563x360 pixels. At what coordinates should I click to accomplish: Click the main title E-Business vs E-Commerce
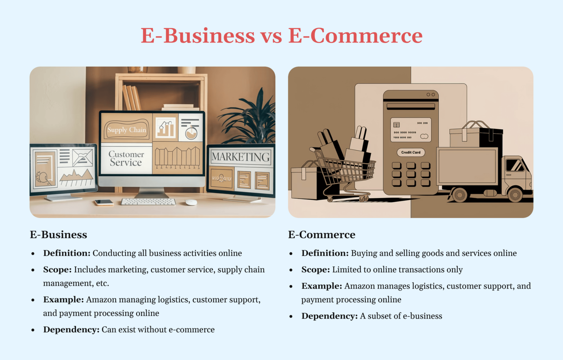point(281,36)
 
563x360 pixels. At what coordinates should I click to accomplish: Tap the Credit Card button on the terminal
point(411,152)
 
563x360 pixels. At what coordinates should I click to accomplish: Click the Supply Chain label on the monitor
point(126,130)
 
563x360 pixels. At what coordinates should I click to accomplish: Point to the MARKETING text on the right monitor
point(240,157)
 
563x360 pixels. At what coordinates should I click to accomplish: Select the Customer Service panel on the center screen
point(126,159)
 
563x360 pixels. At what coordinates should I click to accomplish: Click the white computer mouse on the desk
point(191,202)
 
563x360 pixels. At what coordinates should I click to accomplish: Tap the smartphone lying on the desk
point(104,202)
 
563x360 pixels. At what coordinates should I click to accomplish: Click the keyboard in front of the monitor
point(148,202)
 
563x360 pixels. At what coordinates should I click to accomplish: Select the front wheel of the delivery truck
point(515,195)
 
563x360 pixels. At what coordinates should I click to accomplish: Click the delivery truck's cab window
point(515,165)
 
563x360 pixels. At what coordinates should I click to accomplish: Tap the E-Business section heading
point(59,235)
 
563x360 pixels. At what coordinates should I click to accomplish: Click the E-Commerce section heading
point(321,235)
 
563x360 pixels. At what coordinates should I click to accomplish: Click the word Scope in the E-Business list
point(57,270)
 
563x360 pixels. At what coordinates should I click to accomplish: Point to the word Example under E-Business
point(63,300)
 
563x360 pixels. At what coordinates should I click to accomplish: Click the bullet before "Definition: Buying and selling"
point(291,253)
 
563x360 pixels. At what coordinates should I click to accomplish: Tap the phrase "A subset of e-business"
point(401,316)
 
